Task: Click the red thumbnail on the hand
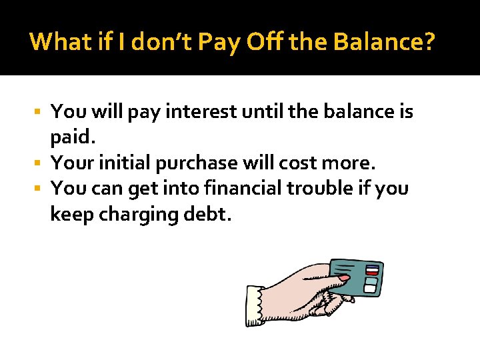(x=343, y=276)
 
